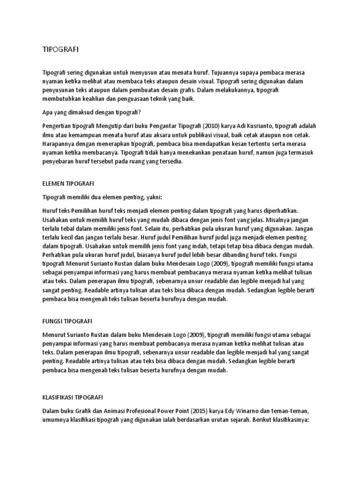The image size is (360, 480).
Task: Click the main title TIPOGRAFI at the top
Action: (x=58, y=50)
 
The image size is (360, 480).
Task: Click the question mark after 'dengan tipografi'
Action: (x=140, y=112)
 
